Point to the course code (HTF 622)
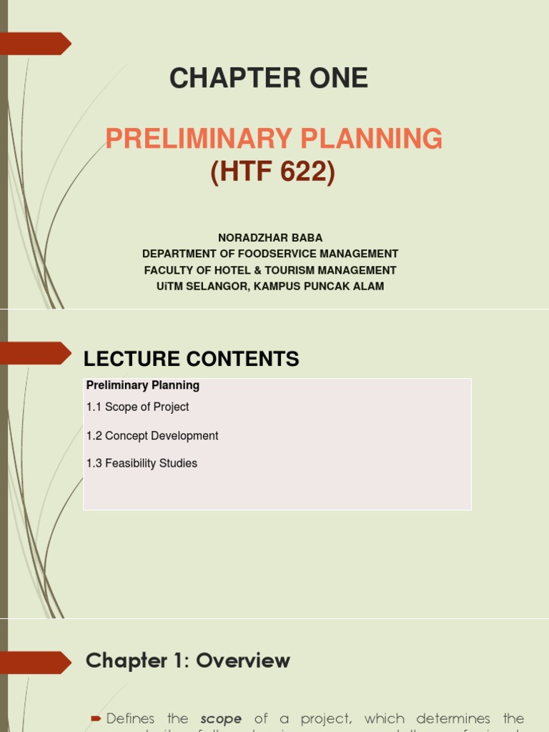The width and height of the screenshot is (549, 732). tap(272, 172)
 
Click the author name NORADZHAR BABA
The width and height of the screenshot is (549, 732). tap(270, 237)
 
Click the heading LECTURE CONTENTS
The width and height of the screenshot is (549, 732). tap(191, 359)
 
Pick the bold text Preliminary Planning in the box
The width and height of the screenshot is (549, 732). tap(143, 385)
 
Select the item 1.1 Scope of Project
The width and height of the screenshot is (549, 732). tap(138, 407)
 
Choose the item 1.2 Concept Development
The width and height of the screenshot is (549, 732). tap(152, 435)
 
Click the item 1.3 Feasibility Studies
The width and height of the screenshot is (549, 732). tap(142, 463)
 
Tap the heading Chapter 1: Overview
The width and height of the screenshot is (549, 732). tap(187, 661)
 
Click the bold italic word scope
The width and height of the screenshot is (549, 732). tap(221, 718)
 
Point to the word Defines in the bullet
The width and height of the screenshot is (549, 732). tap(147, 718)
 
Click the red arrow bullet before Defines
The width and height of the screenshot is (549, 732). tap(96, 718)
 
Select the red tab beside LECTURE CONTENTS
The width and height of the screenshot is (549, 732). tap(36, 353)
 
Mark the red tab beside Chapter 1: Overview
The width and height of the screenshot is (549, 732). tap(36, 662)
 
